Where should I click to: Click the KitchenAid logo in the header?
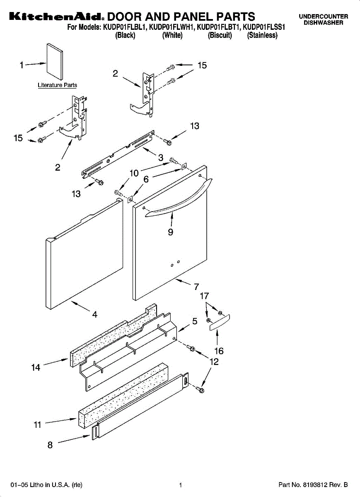55,17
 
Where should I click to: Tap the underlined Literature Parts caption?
57,85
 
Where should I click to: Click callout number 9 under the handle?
170,232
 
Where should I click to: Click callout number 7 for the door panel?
196,286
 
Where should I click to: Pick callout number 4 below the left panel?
94,315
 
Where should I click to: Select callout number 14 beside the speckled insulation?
36,367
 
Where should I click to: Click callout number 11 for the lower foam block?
37,425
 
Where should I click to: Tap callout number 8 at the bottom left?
50,445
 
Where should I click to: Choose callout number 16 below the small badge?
219,351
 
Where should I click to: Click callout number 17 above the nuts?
204,296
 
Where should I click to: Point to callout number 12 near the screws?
214,362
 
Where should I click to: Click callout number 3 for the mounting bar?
160,158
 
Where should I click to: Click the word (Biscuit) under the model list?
220,36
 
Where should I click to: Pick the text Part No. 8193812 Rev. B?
313,485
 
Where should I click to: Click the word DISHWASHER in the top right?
324,23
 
